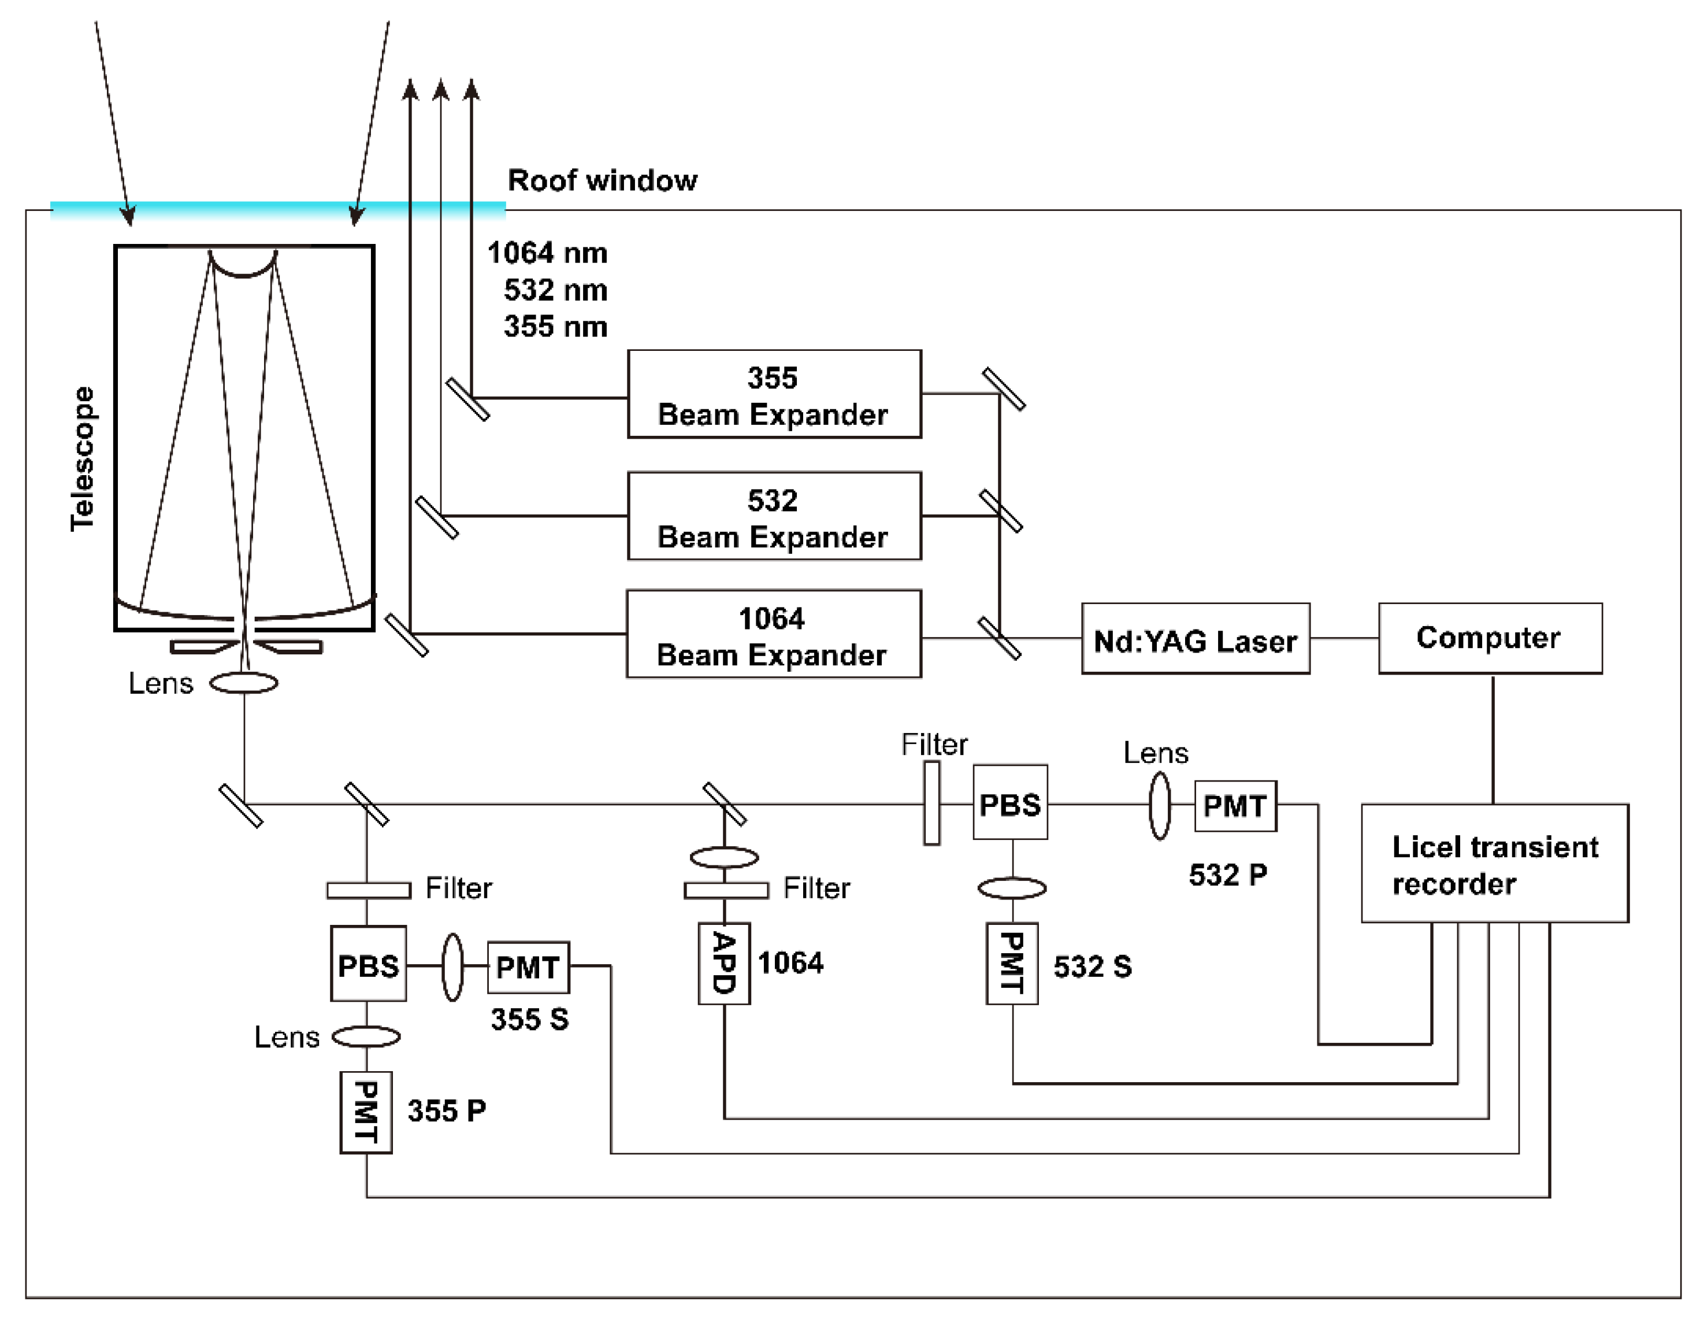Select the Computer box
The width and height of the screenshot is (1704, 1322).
(1490, 638)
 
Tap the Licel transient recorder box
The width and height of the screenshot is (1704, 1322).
(1494, 863)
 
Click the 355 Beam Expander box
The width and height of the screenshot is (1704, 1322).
(773, 394)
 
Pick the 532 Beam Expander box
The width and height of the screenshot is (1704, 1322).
(773, 516)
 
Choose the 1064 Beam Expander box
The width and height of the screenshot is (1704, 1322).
(773, 634)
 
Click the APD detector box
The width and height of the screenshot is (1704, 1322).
(724, 963)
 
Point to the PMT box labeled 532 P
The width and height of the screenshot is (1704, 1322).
(1235, 805)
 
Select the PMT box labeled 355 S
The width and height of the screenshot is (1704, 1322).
(528, 967)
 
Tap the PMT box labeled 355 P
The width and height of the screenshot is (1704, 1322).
(366, 1111)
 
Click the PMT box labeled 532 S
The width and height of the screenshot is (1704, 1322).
(1012, 963)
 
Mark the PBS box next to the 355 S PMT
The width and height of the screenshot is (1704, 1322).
(368, 964)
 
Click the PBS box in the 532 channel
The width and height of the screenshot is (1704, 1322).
(1009, 802)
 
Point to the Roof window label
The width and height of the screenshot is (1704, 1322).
(602, 180)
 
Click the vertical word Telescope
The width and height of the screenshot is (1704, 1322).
(83, 459)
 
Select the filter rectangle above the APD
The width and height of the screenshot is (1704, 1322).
(726, 890)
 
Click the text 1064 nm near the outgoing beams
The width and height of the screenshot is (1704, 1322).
(547, 253)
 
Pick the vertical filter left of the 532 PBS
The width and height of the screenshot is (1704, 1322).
(931, 803)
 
